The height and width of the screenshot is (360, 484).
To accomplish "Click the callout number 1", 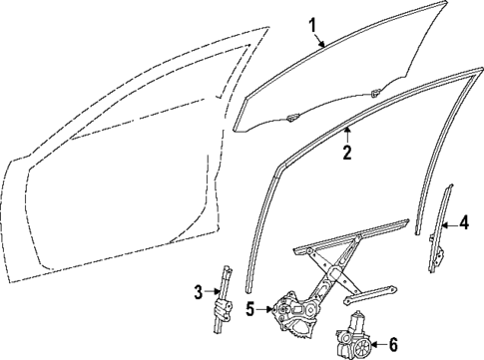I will [x=311, y=24].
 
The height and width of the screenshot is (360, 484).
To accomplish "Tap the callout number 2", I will [x=346, y=154].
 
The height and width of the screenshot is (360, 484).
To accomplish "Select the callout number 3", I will [x=198, y=291].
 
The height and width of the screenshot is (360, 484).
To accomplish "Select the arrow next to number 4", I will [x=448, y=224].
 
